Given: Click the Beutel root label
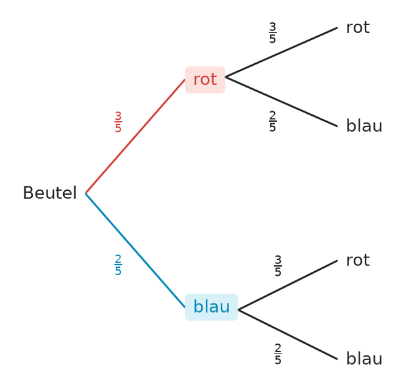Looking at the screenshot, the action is [x=50, y=193].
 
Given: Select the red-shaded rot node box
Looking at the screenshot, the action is [x=205, y=80].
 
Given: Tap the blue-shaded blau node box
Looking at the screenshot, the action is [x=211, y=307].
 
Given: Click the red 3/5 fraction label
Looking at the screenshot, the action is [x=118, y=122].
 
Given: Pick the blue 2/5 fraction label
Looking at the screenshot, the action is [x=118, y=265].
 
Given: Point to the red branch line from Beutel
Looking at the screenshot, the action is [x=135, y=136].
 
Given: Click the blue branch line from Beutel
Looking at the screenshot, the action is [x=135, y=250].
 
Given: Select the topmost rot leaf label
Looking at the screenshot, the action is [x=358, y=28].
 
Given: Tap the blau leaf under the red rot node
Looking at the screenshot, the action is [x=364, y=126].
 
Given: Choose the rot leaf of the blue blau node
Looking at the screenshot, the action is [x=358, y=261].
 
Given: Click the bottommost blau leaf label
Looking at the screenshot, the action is [x=364, y=359].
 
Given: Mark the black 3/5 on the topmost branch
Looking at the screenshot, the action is [x=272, y=32].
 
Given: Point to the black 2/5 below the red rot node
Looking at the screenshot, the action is [x=272, y=121].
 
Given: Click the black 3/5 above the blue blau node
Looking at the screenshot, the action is [x=278, y=265].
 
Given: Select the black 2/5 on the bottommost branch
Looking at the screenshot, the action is [x=278, y=354].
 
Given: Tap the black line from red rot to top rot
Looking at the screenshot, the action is [x=281, y=52].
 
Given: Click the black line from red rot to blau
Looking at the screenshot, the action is [x=281, y=101].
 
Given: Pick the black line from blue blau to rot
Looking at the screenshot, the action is [x=288, y=285].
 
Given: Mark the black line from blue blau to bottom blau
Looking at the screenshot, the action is [x=288, y=334].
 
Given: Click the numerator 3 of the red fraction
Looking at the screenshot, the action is [x=118, y=116].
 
